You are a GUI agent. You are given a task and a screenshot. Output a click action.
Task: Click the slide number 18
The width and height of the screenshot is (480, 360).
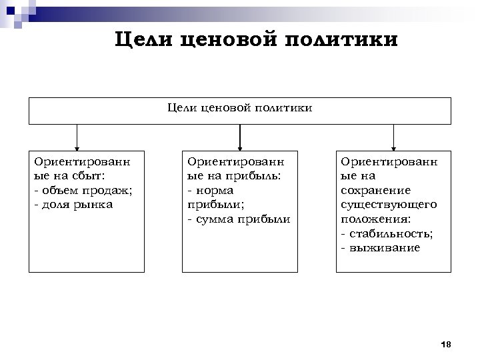click(x=447, y=345)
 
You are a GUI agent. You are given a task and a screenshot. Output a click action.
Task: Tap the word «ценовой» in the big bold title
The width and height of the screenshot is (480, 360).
click(x=229, y=40)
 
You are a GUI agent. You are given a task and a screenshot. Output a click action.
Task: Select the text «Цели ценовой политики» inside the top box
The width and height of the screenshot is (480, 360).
click(x=239, y=107)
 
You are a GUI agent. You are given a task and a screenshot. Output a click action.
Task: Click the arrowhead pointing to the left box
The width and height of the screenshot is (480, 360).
click(x=77, y=149)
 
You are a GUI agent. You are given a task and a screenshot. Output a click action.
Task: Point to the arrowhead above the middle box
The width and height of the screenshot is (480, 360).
click(x=239, y=149)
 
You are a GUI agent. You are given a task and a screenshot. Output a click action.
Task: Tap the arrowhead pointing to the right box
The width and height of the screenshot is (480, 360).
click(x=393, y=149)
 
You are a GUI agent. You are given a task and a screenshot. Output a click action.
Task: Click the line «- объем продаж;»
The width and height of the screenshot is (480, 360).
click(x=83, y=190)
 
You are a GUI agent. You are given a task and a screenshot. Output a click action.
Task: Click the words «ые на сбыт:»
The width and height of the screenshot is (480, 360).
click(x=70, y=175)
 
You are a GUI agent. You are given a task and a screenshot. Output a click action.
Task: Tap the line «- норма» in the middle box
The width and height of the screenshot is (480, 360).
click(x=210, y=190)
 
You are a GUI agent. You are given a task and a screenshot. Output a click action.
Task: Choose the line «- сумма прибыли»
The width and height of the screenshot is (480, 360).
click(x=239, y=219)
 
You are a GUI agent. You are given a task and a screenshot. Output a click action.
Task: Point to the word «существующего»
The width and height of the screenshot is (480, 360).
click(x=389, y=204)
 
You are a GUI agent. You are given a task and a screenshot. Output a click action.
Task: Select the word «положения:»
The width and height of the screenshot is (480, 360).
click(x=375, y=219)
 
